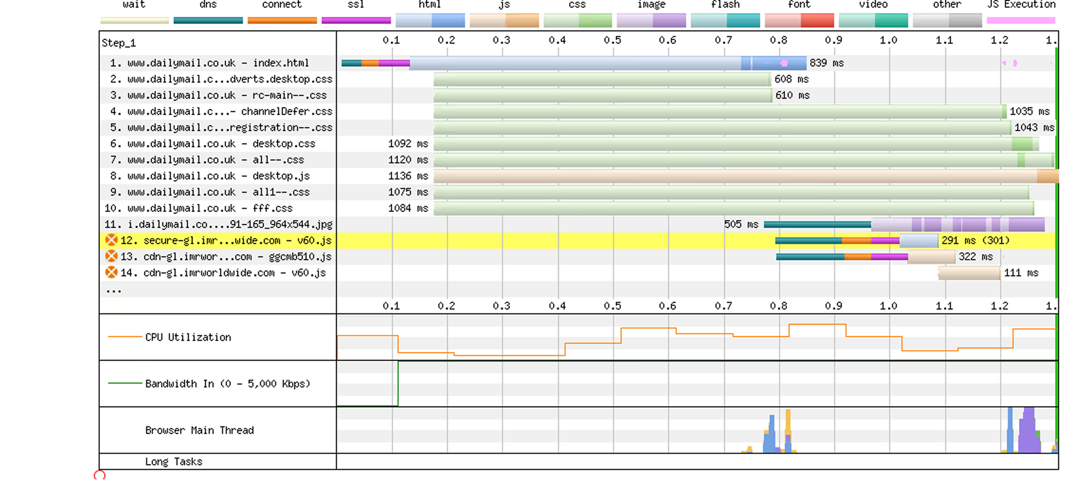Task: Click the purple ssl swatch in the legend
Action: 356,20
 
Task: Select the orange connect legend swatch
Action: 282,20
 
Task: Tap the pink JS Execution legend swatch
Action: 1021,20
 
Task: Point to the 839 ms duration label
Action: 827,63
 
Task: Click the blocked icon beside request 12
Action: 111,240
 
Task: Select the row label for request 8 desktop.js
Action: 210,176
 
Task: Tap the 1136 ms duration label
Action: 408,176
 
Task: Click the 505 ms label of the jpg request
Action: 741,225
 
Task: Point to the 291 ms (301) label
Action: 976,241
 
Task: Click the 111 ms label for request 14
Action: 1021,273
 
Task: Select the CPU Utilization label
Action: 188,338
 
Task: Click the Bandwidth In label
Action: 228,384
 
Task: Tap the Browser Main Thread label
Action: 199,430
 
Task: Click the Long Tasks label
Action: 174,462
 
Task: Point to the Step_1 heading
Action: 119,43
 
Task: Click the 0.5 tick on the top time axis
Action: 612,41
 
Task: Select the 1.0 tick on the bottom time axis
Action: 888,306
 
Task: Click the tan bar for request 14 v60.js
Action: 969,273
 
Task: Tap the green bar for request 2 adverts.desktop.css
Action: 602,79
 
